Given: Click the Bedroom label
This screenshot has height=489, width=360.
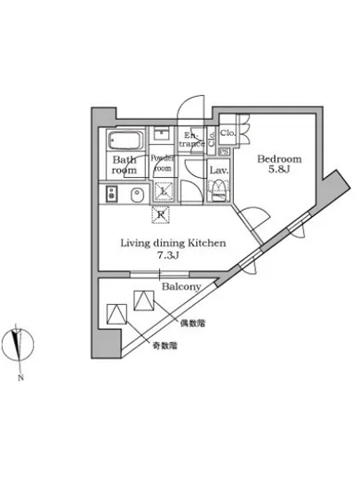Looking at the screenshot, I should point(279,159).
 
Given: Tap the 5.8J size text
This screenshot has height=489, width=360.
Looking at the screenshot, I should point(279,173).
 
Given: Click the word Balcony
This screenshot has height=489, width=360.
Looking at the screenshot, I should point(180,286).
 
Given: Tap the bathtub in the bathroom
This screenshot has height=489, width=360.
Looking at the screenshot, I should point(125,140).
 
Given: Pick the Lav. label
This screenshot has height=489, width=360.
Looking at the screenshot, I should point(220,169).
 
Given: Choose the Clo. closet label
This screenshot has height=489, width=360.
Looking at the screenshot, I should point(228,135).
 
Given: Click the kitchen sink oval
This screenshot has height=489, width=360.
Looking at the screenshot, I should point(137,195).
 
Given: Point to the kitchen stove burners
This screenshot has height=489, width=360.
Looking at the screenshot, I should point(111,195).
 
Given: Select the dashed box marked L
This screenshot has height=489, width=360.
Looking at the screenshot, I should point(163,189).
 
